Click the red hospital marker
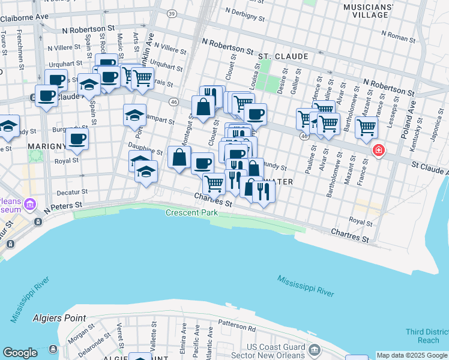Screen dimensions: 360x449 [x=378, y=150]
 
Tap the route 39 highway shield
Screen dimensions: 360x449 [x=172, y=13]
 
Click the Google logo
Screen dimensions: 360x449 [x=20, y=353]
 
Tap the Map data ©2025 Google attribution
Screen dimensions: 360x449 [x=412, y=355]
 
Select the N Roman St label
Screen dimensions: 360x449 [x=406, y=37]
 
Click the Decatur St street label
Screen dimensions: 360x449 [x=72, y=192]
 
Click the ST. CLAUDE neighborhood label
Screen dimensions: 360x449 [x=283, y=56]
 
